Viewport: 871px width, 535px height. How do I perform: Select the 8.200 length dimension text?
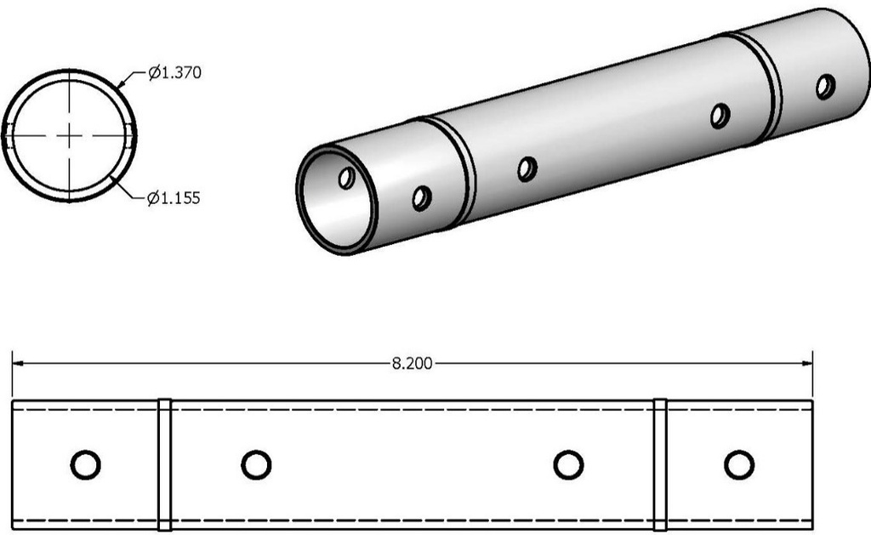412,363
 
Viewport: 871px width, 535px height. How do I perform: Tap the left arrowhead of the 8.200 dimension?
17,363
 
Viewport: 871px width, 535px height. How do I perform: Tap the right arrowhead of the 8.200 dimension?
807,363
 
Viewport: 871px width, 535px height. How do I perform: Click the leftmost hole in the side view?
85,464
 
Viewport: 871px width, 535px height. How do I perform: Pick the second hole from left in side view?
255,464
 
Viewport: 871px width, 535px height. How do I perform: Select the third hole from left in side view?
568,464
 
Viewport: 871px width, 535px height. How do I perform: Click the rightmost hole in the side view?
738,464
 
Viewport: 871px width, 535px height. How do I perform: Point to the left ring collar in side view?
164,464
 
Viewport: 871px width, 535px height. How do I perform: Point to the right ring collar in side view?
660,464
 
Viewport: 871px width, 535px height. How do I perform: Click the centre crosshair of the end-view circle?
69,135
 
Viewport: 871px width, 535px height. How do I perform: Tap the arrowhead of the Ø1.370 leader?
120,84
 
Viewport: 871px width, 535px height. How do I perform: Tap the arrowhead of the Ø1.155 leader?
114,179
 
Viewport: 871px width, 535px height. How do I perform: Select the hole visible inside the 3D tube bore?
346,178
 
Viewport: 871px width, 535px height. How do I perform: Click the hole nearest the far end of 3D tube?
825,86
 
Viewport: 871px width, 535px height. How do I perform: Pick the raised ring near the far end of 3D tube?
762,85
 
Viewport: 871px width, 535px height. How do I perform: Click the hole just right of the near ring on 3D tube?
527,168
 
